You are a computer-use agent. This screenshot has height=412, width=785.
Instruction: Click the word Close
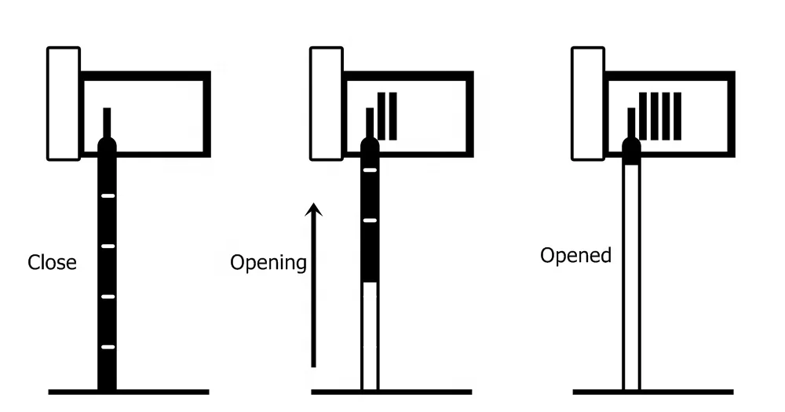[53, 262]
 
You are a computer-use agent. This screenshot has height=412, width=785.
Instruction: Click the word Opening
[268, 262]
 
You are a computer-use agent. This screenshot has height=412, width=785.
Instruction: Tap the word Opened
[575, 256]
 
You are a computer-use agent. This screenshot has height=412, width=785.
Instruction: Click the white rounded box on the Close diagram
[64, 103]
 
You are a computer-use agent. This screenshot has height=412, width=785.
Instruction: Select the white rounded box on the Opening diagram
[327, 103]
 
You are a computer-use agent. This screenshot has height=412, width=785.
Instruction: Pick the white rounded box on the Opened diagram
[588, 103]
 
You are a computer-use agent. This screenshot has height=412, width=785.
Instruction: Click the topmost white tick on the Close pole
[108, 195]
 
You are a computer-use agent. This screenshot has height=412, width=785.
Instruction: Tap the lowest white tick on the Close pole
[108, 347]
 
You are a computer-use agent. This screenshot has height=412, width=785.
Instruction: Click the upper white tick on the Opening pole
[370, 170]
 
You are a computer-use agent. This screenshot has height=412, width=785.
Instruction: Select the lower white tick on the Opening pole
[370, 221]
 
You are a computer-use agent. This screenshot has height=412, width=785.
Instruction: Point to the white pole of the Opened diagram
[631, 275]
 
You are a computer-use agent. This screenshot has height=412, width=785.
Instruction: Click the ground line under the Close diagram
[129, 391]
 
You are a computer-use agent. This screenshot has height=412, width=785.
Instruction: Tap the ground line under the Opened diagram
[653, 391]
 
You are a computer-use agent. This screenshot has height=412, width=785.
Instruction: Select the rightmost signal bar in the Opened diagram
[677, 116]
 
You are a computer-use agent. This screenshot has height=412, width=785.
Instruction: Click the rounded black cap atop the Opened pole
[631, 150]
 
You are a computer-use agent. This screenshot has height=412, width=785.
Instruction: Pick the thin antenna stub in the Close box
[108, 122]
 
